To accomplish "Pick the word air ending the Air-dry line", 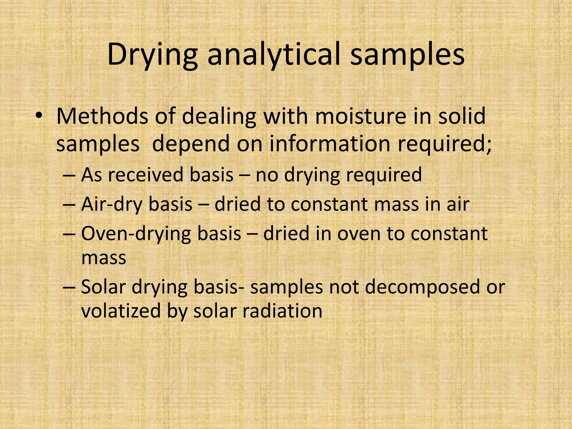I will pos(458,204).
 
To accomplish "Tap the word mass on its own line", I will pos(104,258).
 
